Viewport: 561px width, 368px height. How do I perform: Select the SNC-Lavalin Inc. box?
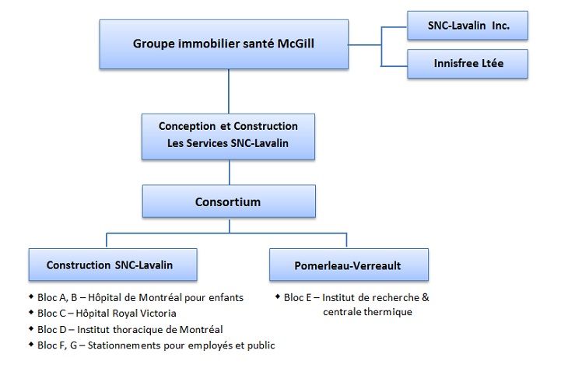[x=468, y=25]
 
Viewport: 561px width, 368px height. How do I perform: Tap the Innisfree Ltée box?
[x=468, y=63]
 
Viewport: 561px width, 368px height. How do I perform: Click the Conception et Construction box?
[x=228, y=135]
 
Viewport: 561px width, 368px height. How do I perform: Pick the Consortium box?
[x=228, y=202]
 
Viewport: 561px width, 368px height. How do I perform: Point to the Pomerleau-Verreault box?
[x=348, y=265]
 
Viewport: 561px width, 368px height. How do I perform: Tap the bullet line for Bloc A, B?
[x=140, y=297]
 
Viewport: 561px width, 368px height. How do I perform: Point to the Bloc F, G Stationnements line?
[x=156, y=345]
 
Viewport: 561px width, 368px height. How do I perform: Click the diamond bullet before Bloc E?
[x=278, y=296]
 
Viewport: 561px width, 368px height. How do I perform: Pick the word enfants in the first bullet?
[x=225, y=297]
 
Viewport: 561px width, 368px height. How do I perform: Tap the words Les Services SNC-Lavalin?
[x=228, y=143]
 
